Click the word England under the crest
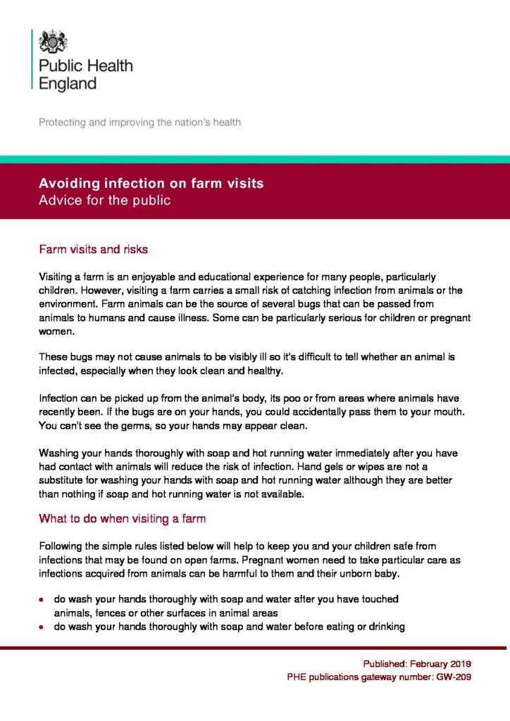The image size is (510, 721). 67,84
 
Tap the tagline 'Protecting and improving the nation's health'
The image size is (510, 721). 139,123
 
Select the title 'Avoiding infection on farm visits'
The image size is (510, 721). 151,184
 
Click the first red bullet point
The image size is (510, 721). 42,600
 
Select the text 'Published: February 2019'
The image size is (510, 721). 417,663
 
